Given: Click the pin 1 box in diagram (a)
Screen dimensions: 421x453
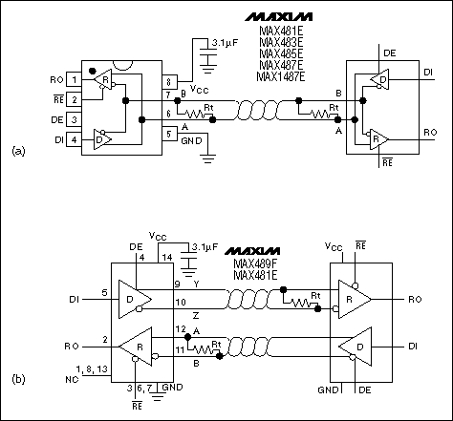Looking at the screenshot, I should pos(73,79).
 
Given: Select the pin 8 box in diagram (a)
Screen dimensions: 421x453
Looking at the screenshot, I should pos(168,82).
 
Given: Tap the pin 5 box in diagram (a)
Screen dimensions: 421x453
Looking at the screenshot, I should pos(168,133).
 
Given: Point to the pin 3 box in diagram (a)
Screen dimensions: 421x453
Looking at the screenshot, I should pos(73,121).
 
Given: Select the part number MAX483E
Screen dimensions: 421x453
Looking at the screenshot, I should pos(280,40).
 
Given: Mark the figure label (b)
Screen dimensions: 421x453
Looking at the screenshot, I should pos(17,378).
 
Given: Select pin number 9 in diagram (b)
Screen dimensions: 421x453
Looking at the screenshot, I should pos(177,283).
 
